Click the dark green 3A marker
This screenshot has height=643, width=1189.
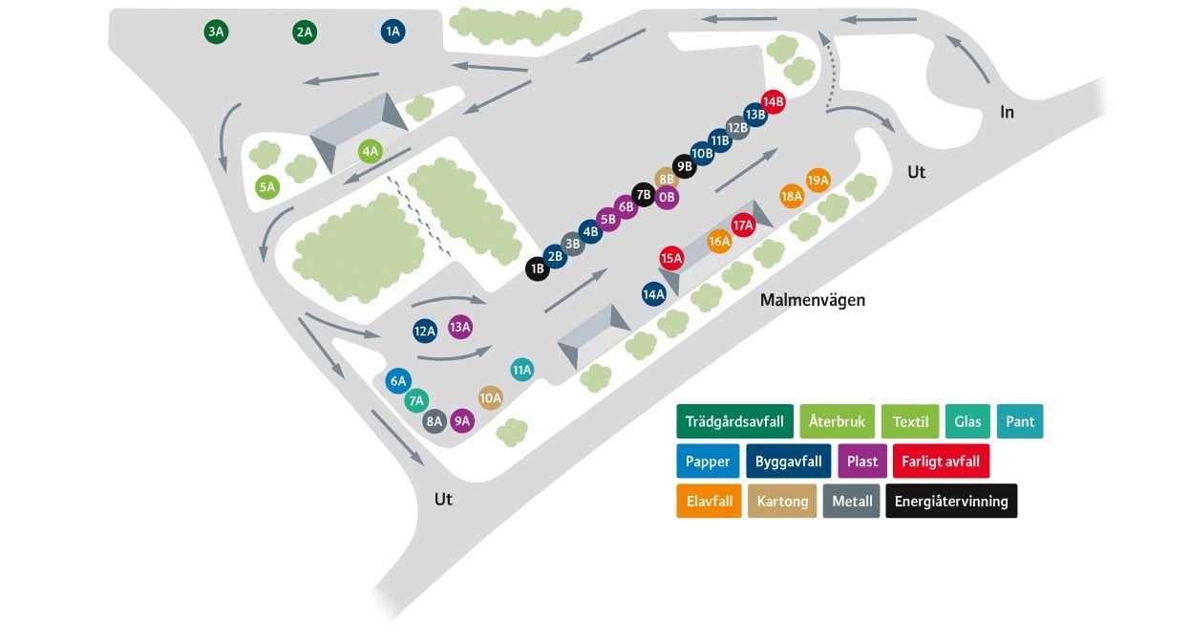[x=216, y=32]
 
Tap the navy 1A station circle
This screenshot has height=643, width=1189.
[x=393, y=32]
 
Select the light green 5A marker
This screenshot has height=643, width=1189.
[x=267, y=187]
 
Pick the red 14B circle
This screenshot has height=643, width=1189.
[x=773, y=101]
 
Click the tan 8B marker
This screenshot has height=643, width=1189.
[x=667, y=179]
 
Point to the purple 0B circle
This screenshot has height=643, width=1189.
[x=667, y=198]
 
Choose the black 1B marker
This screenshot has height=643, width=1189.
[x=537, y=268]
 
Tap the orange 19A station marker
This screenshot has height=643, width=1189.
[x=817, y=181]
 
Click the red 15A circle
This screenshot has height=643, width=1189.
[x=671, y=258]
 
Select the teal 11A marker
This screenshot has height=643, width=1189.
[x=521, y=370]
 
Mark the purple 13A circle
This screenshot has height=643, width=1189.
[x=460, y=327]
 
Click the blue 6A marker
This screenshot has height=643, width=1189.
[x=398, y=380]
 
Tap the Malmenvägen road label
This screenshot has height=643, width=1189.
[x=812, y=300]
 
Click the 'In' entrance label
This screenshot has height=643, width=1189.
[x=1007, y=112]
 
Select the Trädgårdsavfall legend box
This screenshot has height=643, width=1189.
[x=734, y=421]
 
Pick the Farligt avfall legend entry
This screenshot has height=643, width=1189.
[x=941, y=461]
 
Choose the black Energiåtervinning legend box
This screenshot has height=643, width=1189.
[x=951, y=501]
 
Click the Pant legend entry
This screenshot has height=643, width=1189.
[x=1020, y=421]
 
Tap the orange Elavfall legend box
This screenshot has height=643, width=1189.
[x=710, y=501]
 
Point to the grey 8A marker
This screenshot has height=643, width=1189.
[x=435, y=421]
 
